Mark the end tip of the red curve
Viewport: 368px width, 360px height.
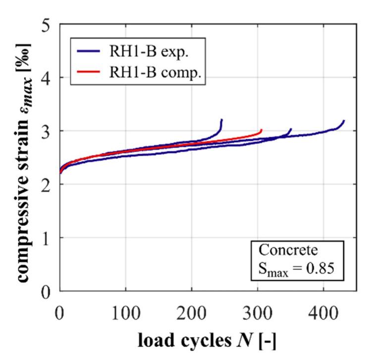(261, 130)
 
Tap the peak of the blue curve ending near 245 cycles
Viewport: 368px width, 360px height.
(221, 120)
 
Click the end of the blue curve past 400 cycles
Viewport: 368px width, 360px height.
(344, 120)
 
